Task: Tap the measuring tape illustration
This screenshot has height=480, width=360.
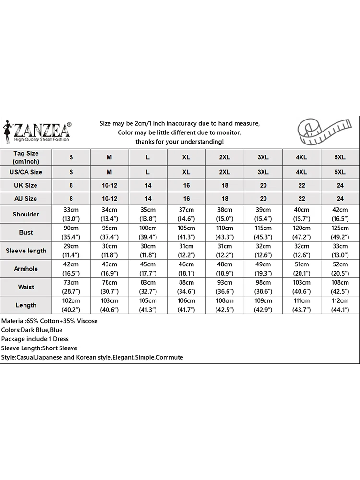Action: pos(319,132)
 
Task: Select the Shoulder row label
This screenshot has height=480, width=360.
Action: pos(26,214)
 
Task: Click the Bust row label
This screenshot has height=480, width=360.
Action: pos(26,232)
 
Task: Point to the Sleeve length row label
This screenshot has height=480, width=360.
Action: pos(26,251)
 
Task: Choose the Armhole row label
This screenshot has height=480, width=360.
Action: pos(26,269)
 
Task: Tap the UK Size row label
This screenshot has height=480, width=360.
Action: pos(26,185)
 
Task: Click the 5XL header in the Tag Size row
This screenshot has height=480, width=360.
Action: pos(340,157)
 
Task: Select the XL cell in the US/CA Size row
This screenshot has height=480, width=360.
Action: pos(186,172)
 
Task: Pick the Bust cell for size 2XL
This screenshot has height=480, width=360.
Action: pos(225,232)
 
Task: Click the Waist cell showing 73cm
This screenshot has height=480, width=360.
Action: pos(72,287)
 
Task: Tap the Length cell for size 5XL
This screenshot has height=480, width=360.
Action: pos(340,305)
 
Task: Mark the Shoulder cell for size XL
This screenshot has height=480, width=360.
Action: pos(186,214)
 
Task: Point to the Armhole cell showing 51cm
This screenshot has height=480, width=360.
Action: pos(301,269)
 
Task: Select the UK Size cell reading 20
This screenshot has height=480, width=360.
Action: pos(263,185)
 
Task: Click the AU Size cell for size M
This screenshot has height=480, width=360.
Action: pos(109,198)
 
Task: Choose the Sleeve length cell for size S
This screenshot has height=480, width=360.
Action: pos(72,251)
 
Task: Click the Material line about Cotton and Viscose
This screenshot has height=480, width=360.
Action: pos(49,321)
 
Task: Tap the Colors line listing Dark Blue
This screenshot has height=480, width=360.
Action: pos(32,330)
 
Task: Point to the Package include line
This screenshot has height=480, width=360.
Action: pos(35,339)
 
